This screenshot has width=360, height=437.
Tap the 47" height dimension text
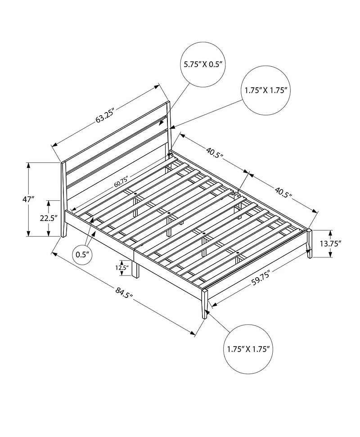tap(28, 199)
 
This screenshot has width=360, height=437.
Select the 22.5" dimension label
tap(49, 218)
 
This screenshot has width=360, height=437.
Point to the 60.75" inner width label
tap(121, 181)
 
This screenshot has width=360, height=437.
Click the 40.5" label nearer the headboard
tap(215, 153)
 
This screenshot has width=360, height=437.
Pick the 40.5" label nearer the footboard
tap(283, 193)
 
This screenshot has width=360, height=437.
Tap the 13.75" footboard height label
tap(330, 243)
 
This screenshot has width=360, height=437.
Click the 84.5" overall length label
tap(124, 293)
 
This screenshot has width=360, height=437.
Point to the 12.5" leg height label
tap(122, 268)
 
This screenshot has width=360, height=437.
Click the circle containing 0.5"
tap(82, 255)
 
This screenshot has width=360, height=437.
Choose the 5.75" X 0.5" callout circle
tap(203, 65)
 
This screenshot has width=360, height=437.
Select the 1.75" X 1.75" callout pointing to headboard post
tap(266, 90)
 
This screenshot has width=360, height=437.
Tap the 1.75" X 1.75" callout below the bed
tap(248, 349)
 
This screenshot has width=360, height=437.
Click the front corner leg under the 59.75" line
tap(205, 304)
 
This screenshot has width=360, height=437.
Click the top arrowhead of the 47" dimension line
tap(28, 165)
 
